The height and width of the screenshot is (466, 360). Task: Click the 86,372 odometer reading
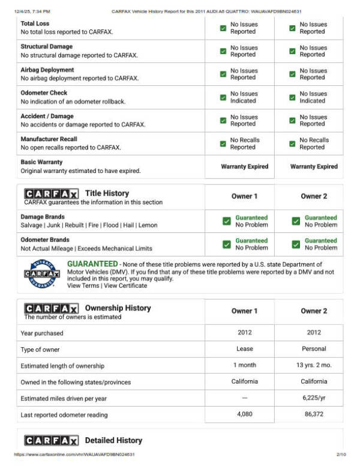click(x=313, y=415)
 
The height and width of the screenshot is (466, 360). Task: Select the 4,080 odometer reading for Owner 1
click(x=245, y=415)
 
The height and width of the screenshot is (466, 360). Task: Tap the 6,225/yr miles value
click(x=313, y=398)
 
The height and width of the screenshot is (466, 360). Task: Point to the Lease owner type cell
click(x=245, y=349)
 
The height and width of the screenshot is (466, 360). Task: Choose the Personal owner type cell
click(x=313, y=349)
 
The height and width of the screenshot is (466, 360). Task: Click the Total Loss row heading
click(x=35, y=23)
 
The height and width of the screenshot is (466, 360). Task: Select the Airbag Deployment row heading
click(x=47, y=70)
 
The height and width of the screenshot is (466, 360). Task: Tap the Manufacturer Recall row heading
click(x=50, y=139)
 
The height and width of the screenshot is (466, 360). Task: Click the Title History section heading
click(x=107, y=193)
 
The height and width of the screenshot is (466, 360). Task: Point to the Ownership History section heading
click(x=118, y=308)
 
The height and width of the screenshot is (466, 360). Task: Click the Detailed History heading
click(x=113, y=441)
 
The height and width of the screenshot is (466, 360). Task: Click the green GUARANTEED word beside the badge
click(x=92, y=264)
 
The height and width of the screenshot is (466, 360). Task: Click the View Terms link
click(x=82, y=286)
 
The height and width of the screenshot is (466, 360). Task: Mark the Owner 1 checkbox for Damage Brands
click(x=226, y=221)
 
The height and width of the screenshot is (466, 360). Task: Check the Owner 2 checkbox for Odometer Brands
click(x=296, y=244)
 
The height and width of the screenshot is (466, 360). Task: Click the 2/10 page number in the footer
click(x=341, y=455)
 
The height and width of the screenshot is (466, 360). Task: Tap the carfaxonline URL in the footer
click(x=74, y=455)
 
